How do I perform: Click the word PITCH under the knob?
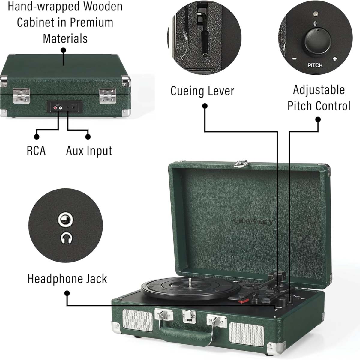pyautogui.click(x=315, y=65)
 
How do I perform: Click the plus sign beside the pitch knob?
pyautogui.click(x=335, y=59)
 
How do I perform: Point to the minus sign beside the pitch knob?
pyautogui.click(x=295, y=59)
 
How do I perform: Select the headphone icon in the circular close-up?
pyautogui.click(x=66, y=238)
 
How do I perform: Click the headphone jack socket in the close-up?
pyautogui.click(x=65, y=220)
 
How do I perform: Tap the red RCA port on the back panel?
pyautogui.click(x=55, y=108)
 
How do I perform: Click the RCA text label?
pyautogui.click(x=36, y=151)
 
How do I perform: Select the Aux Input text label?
pyautogui.click(x=89, y=151)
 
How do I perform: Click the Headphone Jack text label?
pyautogui.click(x=67, y=279)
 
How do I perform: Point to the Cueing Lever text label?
pyautogui.click(x=202, y=91)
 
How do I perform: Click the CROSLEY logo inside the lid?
pyautogui.click(x=253, y=221)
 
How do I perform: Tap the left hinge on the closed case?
pyautogui.click(x=21, y=96)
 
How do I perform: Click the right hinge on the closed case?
pyautogui.click(x=107, y=96)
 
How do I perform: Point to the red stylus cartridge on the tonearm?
pyautogui.click(x=243, y=301)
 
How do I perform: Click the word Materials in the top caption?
pyautogui.click(x=65, y=38)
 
